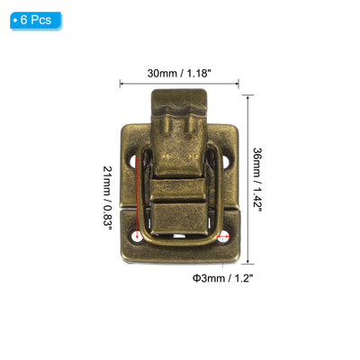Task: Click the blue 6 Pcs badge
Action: click(x=36, y=21)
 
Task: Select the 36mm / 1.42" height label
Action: click(x=257, y=179)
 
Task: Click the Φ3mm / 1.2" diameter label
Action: click(x=221, y=278)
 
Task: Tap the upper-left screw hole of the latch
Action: click(x=133, y=162)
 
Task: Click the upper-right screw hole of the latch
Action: click(x=225, y=162)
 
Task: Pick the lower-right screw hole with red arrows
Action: click(x=223, y=237)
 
